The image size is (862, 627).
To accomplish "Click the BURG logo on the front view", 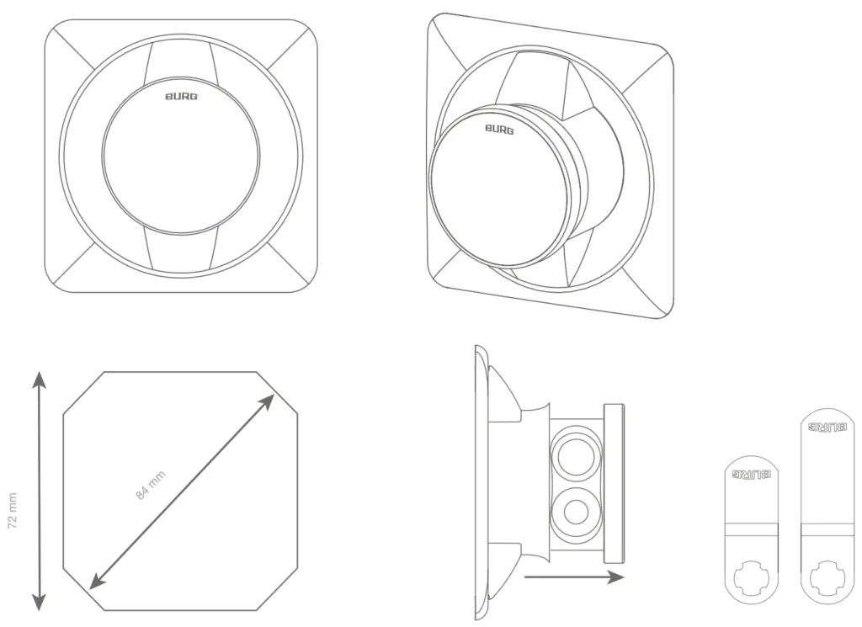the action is point(182,97).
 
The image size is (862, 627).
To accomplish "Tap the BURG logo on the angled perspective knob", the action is point(499,130).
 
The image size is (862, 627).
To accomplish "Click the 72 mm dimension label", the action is point(13,511).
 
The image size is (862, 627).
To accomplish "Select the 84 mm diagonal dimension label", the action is point(150,486).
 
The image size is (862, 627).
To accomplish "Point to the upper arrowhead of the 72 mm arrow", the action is point(39,380).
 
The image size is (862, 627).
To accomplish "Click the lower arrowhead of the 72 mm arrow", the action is point(39,602).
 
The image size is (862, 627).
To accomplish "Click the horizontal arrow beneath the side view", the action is point(574,577).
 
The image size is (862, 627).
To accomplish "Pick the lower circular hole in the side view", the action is point(576,513).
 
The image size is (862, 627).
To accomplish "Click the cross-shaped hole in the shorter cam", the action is point(751,577).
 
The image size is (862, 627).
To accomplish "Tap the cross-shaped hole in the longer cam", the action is point(827,577).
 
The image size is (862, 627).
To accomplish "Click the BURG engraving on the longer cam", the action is point(827,427).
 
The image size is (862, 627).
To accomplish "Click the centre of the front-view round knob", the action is point(180,156).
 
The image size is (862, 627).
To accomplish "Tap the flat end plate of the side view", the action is point(614,484).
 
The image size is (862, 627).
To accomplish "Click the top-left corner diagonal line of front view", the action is point(69,45).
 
